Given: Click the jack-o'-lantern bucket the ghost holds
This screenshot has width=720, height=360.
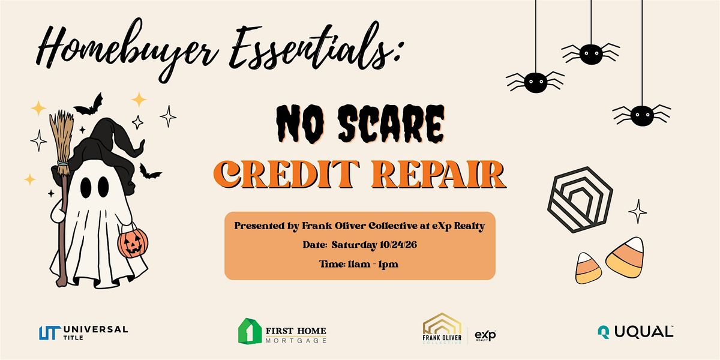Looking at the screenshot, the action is click(x=133, y=244).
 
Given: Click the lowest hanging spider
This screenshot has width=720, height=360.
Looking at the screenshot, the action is click(x=642, y=115).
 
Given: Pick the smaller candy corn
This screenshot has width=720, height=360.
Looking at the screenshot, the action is click(x=588, y=268).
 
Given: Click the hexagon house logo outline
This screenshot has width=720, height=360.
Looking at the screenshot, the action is click(x=580, y=200).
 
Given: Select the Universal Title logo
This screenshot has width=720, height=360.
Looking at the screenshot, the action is click(x=83, y=332).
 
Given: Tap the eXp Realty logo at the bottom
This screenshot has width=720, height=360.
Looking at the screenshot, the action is click(x=485, y=335).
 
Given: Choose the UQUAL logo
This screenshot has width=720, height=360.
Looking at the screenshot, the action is click(x=635, y=332).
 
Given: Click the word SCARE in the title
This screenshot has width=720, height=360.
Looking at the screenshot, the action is click(x=391, y=124).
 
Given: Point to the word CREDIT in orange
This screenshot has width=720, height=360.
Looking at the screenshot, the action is click(x=286, y=174).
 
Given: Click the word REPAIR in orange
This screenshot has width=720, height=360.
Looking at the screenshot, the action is click(x=439, y=175).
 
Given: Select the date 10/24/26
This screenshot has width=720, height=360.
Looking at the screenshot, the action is click(x=398, y=245).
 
